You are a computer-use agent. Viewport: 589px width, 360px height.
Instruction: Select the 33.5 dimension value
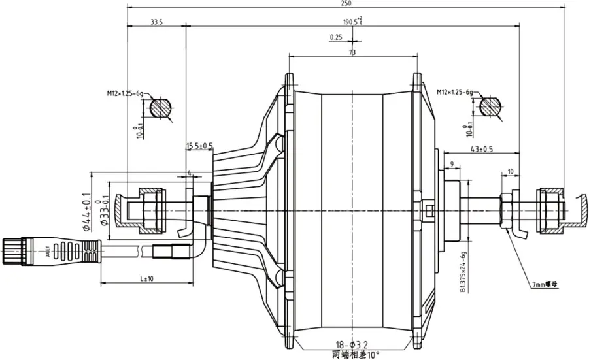(x=156, y=22)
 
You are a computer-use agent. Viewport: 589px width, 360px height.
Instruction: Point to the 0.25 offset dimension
(x=336, y=37)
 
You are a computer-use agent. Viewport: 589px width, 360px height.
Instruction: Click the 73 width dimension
(x=352, y=52)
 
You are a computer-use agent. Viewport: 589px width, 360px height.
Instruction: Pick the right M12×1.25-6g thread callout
(x=454, y=93)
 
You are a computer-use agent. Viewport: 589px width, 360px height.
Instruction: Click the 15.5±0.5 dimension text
(x=199, y=146)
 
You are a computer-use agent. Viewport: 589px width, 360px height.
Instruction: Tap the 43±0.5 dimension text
(x=484, y=150)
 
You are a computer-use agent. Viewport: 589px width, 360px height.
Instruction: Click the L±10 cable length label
(x=147, y=279)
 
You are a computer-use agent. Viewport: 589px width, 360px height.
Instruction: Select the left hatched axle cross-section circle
(x=161, y=107)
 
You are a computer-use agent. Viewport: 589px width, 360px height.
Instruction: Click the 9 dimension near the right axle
(x=451, y=163)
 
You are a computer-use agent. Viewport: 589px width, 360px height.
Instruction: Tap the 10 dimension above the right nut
(x=510, y=171)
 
